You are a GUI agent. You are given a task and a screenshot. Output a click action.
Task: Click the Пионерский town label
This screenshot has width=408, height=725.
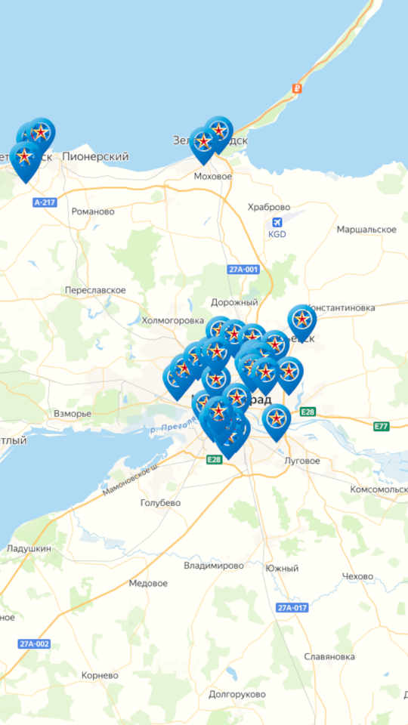(95, 156)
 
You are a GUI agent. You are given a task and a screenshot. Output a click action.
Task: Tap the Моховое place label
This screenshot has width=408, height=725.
(214, 176)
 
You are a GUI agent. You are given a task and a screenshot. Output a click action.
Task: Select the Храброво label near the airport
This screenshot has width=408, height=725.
(269, 207)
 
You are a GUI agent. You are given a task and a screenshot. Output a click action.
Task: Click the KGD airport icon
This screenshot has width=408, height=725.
(277, 223)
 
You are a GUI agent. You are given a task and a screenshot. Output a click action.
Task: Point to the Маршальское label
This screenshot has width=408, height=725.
(366, 229)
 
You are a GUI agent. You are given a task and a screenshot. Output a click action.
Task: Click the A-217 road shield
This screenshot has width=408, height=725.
(45, 202)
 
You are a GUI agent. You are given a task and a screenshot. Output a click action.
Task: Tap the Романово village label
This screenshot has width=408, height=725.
(93, 211)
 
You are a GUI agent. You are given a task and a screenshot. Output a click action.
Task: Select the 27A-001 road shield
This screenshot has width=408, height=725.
(243, 270)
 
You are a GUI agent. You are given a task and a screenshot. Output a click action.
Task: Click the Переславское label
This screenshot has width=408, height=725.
(95, 290)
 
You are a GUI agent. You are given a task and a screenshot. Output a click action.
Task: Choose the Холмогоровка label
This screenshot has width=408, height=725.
(173, 320)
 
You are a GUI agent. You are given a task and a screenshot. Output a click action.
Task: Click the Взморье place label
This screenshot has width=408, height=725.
(73, 414)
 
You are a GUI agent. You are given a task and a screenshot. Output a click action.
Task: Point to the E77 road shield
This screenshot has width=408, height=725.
(382, 427)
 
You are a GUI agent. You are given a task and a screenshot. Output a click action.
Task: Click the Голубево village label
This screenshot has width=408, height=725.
(160, 502)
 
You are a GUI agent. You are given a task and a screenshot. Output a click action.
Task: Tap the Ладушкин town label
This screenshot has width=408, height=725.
(29, 548)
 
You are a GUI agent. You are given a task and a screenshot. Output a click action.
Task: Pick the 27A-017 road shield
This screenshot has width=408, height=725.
(292, 608)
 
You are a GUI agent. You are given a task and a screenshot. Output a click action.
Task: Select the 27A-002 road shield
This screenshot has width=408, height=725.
(35, 643)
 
